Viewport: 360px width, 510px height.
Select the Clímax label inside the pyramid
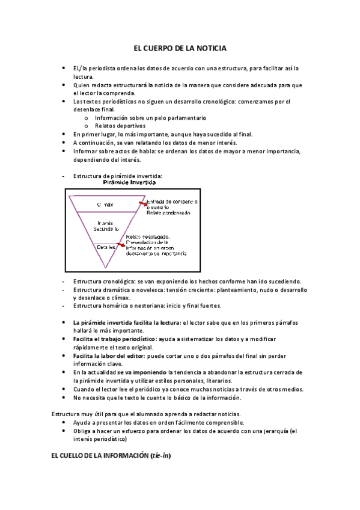pos(105,205)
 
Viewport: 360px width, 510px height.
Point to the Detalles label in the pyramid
pos(107,246)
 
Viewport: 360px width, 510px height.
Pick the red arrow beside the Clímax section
pos(142,204)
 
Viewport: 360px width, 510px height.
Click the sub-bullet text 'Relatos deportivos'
pos(120,126)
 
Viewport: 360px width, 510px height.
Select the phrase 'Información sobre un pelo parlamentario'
pos(150,118)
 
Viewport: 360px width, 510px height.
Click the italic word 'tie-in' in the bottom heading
pos(160,455)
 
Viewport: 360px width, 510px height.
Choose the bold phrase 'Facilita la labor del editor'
pos(110,355)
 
